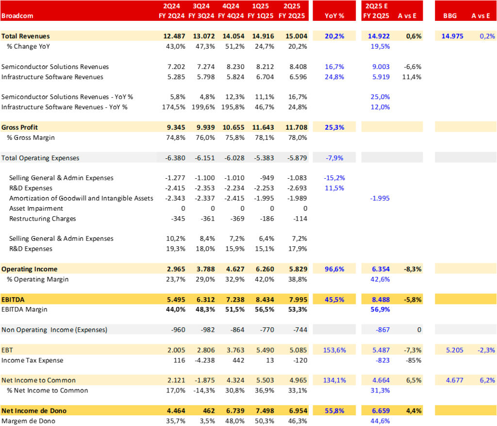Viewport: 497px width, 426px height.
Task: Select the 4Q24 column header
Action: pyautogui.click(x=232, y=6)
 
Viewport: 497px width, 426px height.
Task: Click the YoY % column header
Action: pyautogui.click(x=334, y=16)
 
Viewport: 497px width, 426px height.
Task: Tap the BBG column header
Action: pyautogui.click(x=450, y=16)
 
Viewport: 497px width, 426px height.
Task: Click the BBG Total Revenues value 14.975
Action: pyautogui.click(x=452, y=36)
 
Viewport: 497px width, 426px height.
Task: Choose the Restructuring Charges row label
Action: pyautogui.click(x=43, y=219)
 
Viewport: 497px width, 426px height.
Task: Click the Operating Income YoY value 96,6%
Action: pyautogui.click(x=334, y=269)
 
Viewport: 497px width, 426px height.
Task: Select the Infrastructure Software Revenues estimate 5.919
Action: pyautogui.click(x=380, y=77)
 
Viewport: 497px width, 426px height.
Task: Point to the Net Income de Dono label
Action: pyautogui.click(x=34, y=411)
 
